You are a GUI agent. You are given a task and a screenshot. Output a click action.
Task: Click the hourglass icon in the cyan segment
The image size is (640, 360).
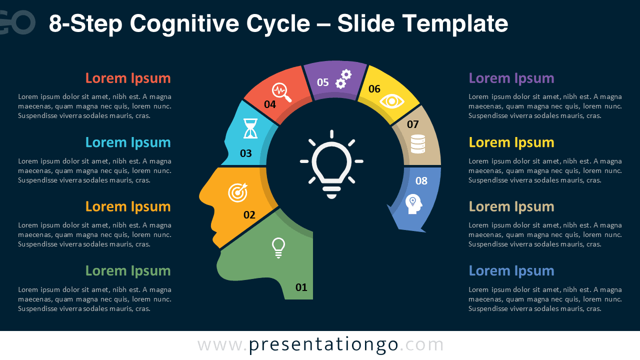pyautogui.click(x=250, y=128)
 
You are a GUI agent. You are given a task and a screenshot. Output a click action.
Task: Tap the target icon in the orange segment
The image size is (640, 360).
pyautogui.click(x=237, y=192)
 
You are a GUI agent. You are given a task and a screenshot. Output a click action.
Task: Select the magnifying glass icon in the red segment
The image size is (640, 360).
pyautogui.click(x=281, y=92)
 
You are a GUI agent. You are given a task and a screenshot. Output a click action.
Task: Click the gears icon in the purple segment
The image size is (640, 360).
pyautogui.click(x=343, y=79)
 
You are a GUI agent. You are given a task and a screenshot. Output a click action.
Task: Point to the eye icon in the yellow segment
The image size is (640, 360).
pyautogui.click(x=391, y=101)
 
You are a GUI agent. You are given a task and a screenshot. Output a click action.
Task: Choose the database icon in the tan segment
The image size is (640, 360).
pyautogui.click(x=417, y=144)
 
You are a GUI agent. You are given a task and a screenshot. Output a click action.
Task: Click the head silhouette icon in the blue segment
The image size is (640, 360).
pyautogui.click(x=413, y=204)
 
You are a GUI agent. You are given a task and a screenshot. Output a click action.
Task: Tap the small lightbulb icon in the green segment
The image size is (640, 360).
pyautogui.click(x=278, y=248)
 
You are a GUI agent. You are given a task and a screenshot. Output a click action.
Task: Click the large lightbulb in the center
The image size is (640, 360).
pyautogui.click(x=331, y=164)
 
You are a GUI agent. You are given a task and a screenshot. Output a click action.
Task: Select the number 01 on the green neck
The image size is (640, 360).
pyautogui.click(x=301, y=287)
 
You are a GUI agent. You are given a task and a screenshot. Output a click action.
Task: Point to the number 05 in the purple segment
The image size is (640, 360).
pyautogui.click(x=323, y=82)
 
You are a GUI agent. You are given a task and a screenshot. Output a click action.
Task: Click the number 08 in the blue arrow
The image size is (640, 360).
pyautogui.click(x=421, y=181)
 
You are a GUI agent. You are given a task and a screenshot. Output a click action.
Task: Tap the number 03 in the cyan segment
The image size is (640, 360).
pyautogui.click(x=245, y=153)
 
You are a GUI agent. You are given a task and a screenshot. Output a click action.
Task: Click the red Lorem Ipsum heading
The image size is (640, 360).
pyautogui.click(x=128, y=78)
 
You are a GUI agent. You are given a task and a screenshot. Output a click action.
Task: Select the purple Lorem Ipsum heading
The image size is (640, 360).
pyautogui.click(x=511, y=78)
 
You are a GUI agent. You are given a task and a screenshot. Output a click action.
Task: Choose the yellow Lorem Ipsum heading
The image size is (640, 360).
pyautogui.click(x=511, y=142)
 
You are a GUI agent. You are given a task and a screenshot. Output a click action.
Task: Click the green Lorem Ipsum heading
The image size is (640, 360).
pyautogui.click(x=128, y=270)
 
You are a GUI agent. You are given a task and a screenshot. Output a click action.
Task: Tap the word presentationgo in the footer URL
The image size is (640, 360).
pyautogui.click(x=323, y=345)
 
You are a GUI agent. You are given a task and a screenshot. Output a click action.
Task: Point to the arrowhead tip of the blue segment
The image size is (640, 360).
pyautogui.click(x=425, y=232)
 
